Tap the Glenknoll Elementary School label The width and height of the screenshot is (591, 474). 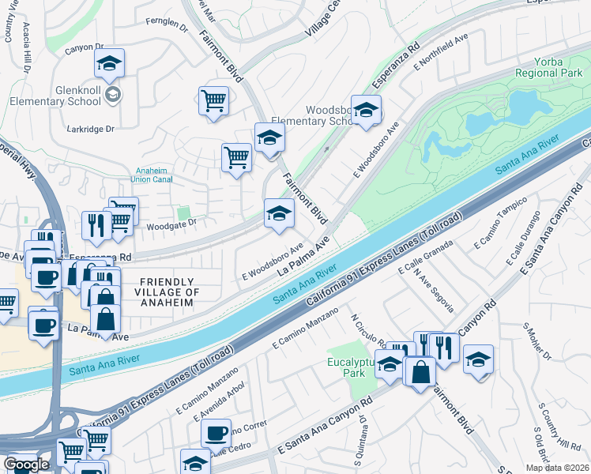55,96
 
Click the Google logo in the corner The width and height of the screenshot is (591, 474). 26,465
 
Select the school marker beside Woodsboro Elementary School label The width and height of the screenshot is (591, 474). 366,110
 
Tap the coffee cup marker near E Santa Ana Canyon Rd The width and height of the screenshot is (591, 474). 216,432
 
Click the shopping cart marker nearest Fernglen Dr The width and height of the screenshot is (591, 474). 213,100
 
